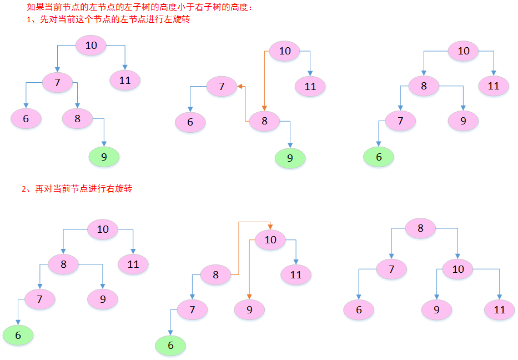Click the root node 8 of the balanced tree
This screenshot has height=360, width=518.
[x=420, y=228]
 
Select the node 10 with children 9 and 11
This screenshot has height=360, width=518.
[x=457, y=270]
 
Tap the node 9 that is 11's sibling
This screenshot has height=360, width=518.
[x=436, y=309]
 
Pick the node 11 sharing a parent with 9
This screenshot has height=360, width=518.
[x=500, y=309]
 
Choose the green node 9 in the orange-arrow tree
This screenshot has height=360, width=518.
[x=290, y=158]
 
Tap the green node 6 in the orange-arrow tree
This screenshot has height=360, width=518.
[x=170, y=346]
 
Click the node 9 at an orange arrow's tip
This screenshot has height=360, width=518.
[x=249, y=309]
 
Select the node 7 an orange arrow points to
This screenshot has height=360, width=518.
[x=222, y=86]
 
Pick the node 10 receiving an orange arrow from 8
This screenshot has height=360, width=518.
[x=270, y=240]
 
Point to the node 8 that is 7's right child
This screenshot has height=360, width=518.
[x=77, y=118]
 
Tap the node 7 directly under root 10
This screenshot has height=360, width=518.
[x=57, y=83]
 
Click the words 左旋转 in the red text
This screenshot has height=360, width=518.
[x=177, y=21]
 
